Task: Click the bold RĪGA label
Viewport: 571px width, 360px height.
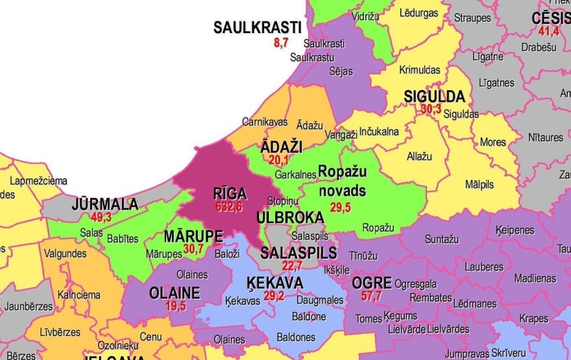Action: click(x=230, y=193)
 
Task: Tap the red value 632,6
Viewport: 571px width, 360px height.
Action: click(x=229, y=206)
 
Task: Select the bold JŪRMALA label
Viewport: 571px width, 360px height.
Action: click(x=105, y=204)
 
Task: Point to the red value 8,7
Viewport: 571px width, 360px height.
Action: click(x=281, y=43)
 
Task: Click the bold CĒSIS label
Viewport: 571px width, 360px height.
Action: click(x=550, y=18)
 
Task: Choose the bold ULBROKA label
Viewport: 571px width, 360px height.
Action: click(x=290, y=217)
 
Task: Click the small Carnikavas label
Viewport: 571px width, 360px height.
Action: click(x=264, y=121)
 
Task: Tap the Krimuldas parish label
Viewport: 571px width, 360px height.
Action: click(x=420, y=69)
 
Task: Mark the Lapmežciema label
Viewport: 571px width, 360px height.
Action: click(x=36, y=181)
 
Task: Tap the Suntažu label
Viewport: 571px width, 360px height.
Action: click(x=443, y=239)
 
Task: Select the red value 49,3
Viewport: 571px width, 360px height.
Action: click(x=101, y=217)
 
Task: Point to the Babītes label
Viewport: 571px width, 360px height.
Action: click(x=121, y=238)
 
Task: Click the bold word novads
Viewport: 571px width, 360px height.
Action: click(x=342, y=191)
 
